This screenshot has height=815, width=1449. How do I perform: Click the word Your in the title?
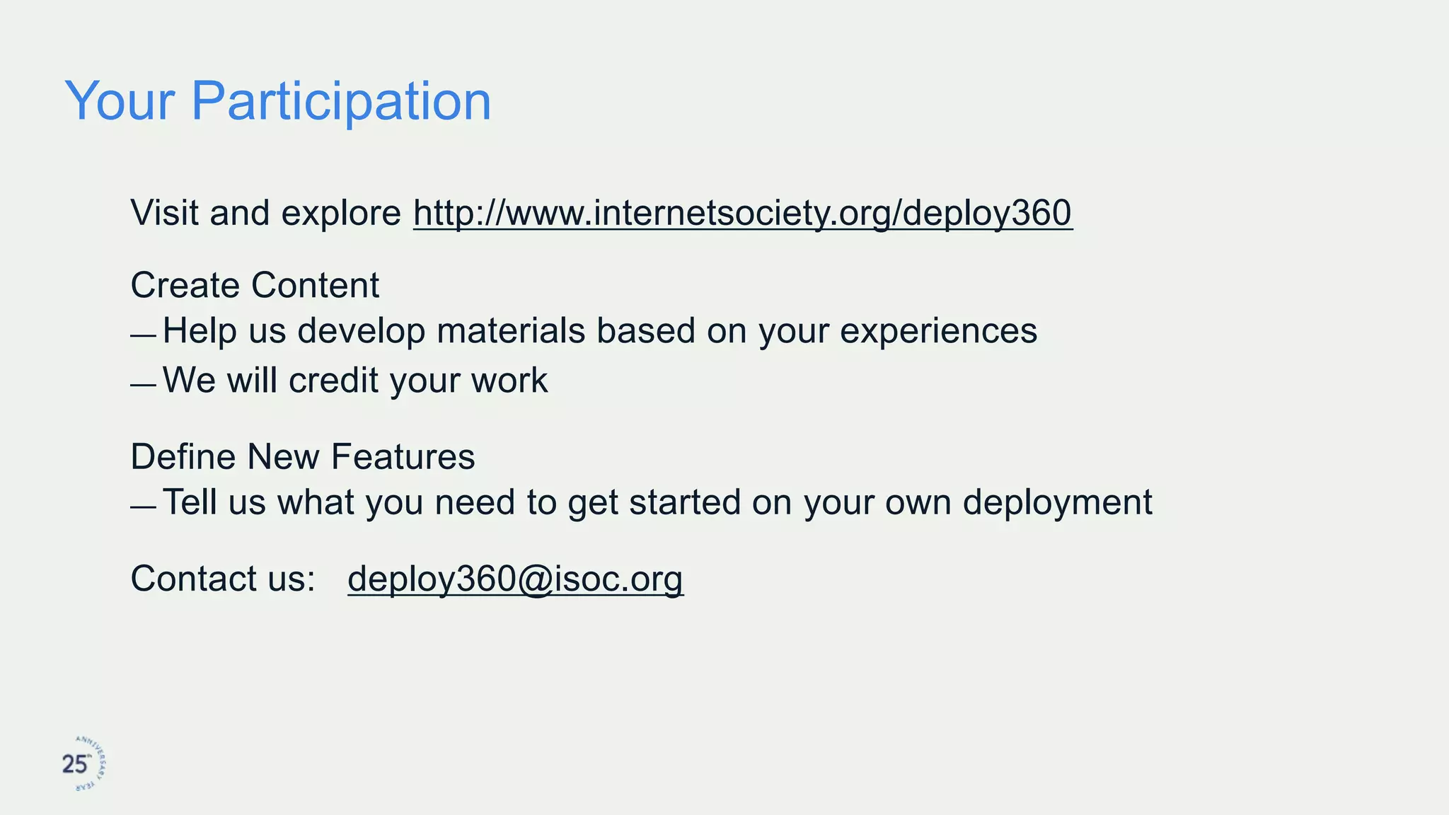click(119, 101)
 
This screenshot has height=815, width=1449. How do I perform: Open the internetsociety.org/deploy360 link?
click(742, 213)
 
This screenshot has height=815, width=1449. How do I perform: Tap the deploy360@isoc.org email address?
click(515, 579)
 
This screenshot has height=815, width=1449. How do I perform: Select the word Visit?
click(165, 213)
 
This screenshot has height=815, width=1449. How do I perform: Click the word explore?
click(340, 213)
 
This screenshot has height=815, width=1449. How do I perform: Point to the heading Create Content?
click(255, 286)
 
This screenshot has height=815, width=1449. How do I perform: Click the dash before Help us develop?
click(143, 335)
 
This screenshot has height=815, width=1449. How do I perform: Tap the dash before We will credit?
click(143, 386)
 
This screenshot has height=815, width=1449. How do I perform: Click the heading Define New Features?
click(303, 457)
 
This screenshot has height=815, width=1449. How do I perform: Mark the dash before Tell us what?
click(143, 507)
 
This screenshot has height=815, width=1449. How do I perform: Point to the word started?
click(684, 502)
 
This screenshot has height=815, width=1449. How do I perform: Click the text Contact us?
click(223, 579)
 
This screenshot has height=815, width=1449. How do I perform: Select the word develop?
click(361, 331)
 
